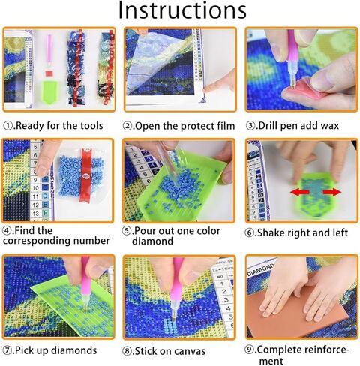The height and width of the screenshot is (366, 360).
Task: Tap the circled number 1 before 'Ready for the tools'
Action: [8, 126]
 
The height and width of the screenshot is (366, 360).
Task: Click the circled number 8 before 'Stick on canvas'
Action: [129, 349]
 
